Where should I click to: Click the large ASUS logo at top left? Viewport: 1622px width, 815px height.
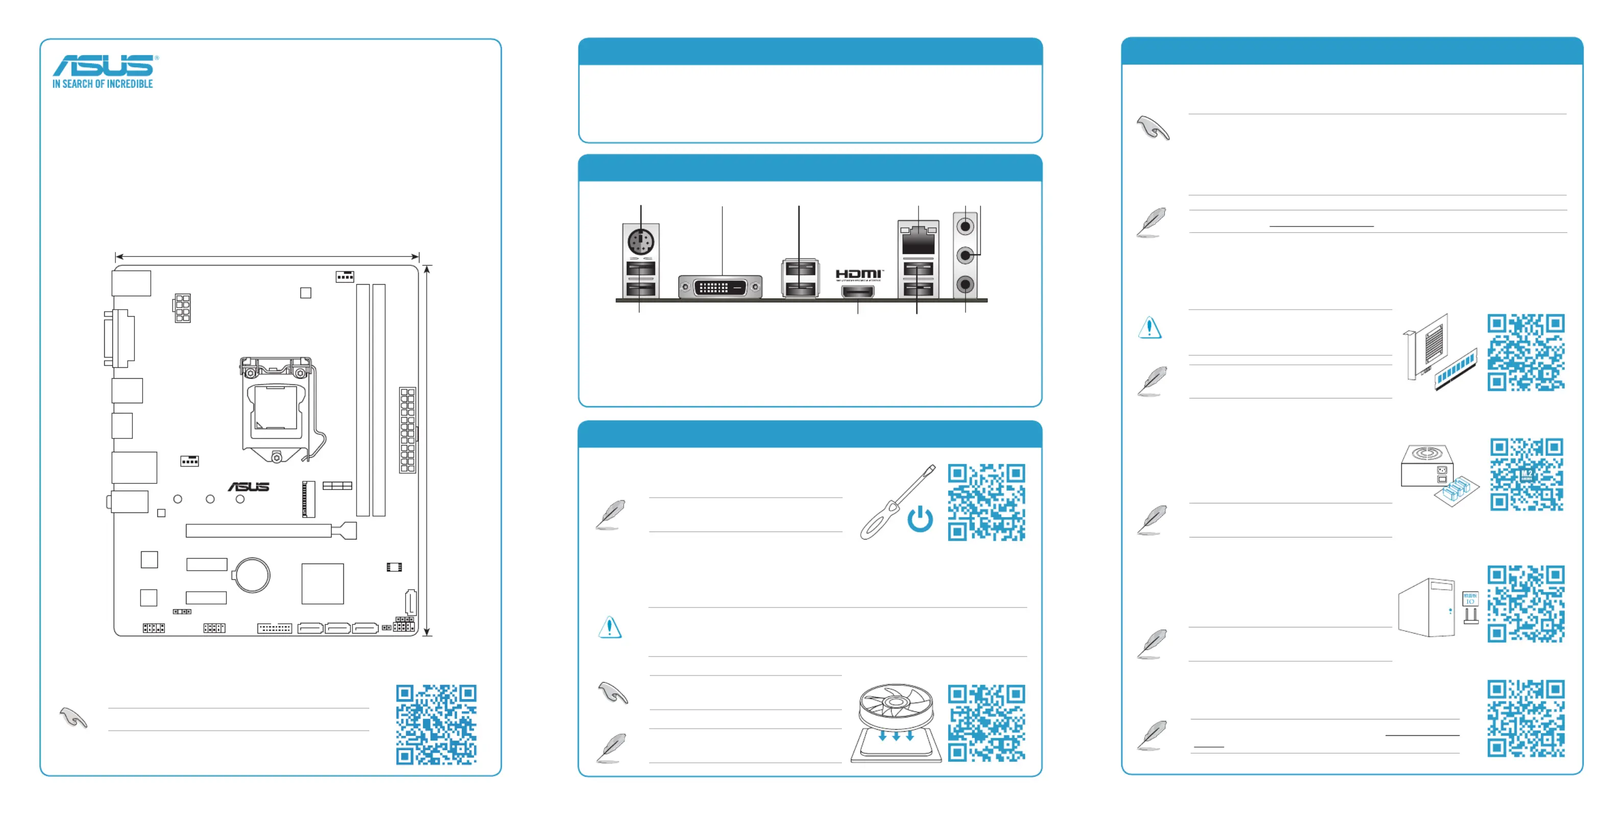[105, 65]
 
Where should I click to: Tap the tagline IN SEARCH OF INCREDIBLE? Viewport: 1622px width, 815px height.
[103, 84]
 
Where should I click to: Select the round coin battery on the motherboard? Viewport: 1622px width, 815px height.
[252, 574]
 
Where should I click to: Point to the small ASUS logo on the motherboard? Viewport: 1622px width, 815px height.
[249, 487]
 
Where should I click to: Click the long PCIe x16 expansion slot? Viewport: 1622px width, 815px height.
[271, 531]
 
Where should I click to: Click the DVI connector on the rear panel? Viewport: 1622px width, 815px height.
[720, 287]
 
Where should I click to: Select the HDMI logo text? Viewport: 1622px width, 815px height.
[859, 274]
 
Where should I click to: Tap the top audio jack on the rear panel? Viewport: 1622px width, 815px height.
[965, 227]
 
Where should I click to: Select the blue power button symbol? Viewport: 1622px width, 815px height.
[920, 519]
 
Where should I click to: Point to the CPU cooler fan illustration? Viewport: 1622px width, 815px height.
[896, 723]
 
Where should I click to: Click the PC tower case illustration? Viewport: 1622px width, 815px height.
[1427, 607]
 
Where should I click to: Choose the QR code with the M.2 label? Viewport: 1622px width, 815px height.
[1526, 474]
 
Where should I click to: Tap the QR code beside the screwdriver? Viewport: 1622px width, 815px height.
[986, 502]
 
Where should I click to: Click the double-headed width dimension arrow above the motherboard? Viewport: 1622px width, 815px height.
[267, 257]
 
